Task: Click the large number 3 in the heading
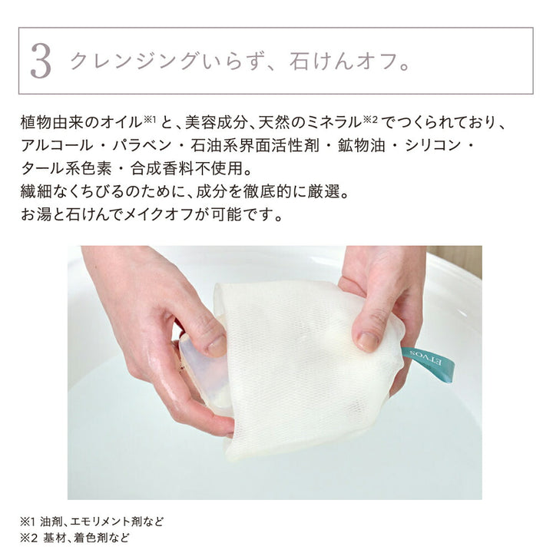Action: click(41, 61)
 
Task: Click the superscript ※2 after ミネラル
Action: click(370, 120)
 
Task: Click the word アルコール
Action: click(57, 145)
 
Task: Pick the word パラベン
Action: click(142, 145)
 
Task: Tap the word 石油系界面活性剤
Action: click(255, 145)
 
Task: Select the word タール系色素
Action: click(67, 168)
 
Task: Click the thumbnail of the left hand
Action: click(216, 346)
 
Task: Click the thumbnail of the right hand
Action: click(368, 341)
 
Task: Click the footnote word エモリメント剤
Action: click(102, 522)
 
